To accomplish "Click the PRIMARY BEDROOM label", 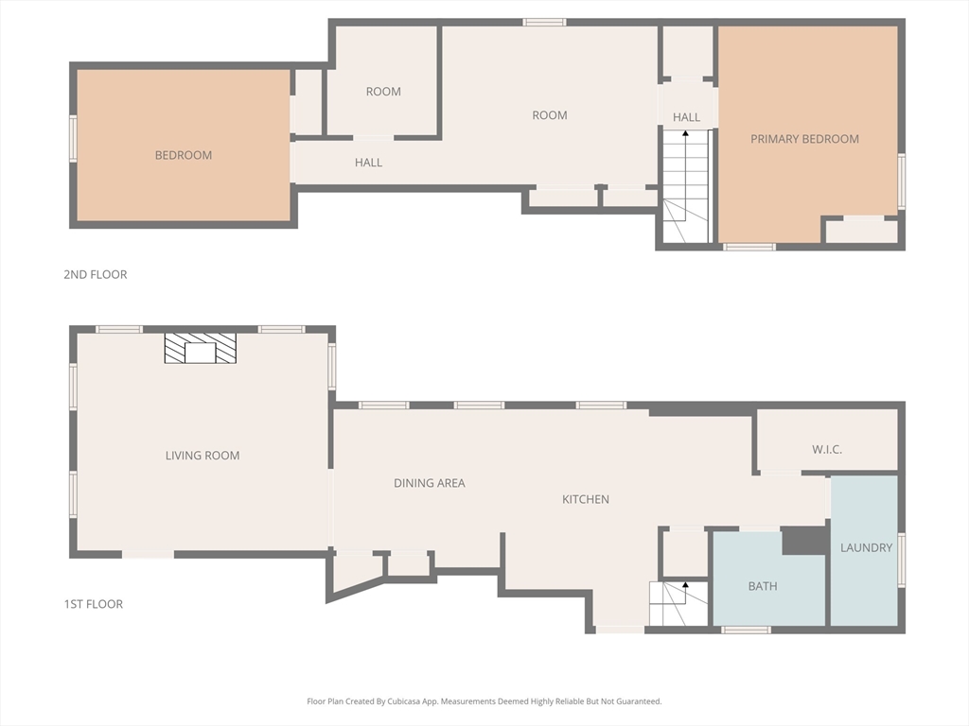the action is point(804,139).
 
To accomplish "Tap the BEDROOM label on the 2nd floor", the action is point(184,155).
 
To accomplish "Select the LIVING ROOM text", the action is point(203,456).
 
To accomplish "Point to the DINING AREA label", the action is point(430,483).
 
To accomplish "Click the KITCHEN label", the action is point(585,499).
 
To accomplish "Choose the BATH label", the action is point(763,586).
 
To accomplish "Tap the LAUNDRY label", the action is point(867,547).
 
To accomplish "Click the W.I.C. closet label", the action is point(827,449).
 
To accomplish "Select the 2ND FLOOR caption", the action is point(96,274).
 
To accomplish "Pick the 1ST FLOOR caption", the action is point(94,604).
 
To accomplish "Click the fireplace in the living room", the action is point(201,348).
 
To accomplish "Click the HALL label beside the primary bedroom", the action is point(686,117).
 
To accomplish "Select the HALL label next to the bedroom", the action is point(368,163).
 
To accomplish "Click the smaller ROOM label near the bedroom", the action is point(383,92).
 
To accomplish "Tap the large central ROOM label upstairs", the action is point(550,114).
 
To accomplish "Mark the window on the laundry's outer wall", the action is point(902,560).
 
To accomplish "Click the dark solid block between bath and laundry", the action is point(804,541).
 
